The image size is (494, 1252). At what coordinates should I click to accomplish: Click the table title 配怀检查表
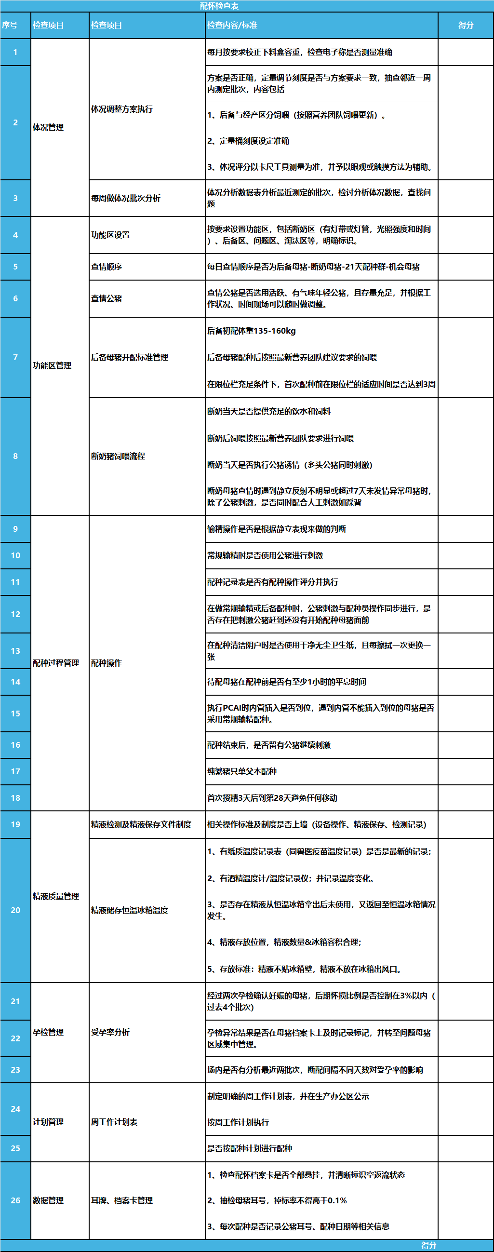pos(219,6)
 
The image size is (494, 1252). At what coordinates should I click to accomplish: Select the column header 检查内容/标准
pos(232,25)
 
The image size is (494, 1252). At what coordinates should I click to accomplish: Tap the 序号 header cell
pos(10,25)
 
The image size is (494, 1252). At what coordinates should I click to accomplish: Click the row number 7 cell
pos(15,357)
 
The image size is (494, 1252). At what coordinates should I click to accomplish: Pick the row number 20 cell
pos(15,910)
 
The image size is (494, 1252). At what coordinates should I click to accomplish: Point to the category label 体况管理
pos(48,127)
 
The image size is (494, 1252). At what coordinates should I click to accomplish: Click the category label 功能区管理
pos(52,365)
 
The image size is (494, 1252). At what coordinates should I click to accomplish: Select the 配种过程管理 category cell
pos(56,663)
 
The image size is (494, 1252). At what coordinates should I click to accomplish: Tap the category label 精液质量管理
pos(56,896)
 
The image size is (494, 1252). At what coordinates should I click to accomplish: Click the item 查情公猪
pos(107,298)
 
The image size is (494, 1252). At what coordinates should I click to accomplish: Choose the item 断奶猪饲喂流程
pos(118,456)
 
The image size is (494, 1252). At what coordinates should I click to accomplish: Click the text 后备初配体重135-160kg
pos(252,331)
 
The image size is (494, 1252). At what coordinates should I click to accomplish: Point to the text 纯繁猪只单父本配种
pos(242,771)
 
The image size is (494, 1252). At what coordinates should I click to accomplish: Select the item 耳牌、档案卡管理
pos(122,1200)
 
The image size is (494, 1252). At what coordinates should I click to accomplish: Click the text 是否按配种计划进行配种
pos(250,1148)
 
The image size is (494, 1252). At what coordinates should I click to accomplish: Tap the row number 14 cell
pos(15,681)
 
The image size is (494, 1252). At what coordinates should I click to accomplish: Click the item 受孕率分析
pos(110,1032)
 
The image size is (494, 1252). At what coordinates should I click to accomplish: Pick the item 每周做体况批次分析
pos(126,198)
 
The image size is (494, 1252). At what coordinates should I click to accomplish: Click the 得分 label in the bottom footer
pos(428,1245)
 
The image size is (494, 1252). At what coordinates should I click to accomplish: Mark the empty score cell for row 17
pos(466,771)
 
